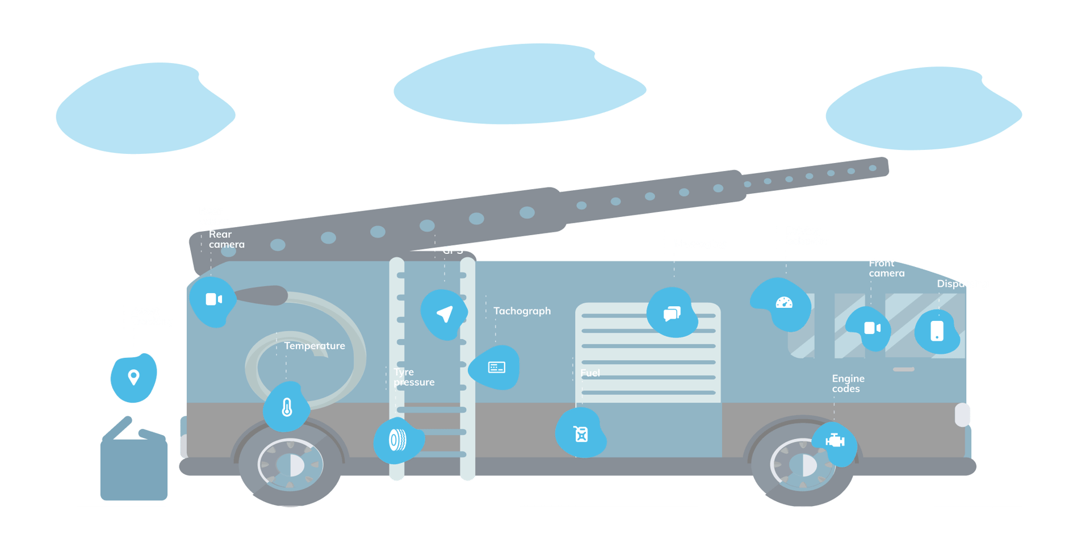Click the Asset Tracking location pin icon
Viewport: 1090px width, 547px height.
pyautogui.click(x=133, y=377)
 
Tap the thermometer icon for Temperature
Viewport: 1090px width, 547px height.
pyautogui.click(x=287, y=407)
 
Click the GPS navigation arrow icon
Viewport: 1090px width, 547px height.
pyautogui.click(x=445, y=314)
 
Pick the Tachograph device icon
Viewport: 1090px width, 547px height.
pyautogui.click(x=496, y=368)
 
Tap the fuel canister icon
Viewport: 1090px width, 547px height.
pyautogui.click(x=581, y=434)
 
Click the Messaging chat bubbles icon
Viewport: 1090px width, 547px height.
pyautogui.click(x=672, y=313)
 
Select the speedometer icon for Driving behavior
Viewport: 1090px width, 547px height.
pyautogui.click(x=784, y=303)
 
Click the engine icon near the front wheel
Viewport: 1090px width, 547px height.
pyautogui.click(x=835, y=440)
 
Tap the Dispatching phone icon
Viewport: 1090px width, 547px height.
pyautogui.click(x=937, y=331)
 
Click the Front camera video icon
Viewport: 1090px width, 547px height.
pyautogui.click(x=872, y=328)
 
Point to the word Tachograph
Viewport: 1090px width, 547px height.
pyautogui.click(x=522, y=311)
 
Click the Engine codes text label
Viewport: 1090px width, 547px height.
pyautogui.click(x=848, y=383)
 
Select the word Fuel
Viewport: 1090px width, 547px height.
pyautogui.click(x=590, y=373)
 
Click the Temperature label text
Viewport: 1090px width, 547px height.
pyautogui.click(x=315, y=345)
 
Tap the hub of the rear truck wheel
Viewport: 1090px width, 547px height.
pyautogui.click(x=291, y=465)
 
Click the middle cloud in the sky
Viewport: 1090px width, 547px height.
pyautogui.click(x=519, y=84)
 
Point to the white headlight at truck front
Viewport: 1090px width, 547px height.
pyautogui.click(x=962, y=415)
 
